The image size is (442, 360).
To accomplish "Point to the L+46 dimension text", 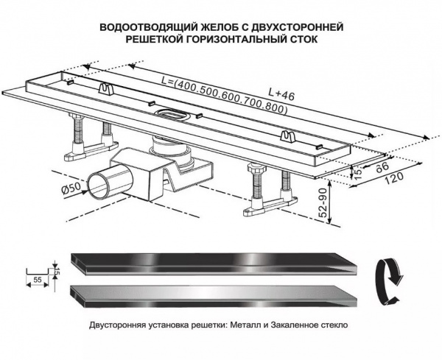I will (x=282, y=93).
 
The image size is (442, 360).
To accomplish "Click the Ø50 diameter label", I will (x=71, y=191).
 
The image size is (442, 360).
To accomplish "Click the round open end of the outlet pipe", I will (x=99, y=184).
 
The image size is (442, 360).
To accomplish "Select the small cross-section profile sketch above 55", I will (x=40, y=269).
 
